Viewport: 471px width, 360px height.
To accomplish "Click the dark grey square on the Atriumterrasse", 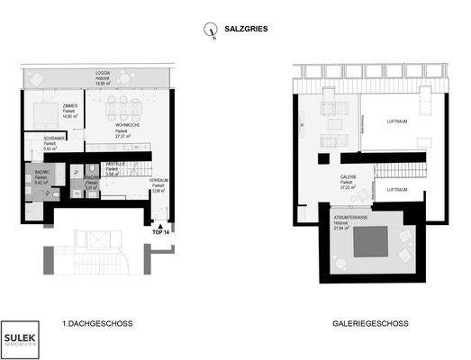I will tap(371, 242).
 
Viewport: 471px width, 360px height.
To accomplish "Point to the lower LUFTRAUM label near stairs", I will tap(397, 191).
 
